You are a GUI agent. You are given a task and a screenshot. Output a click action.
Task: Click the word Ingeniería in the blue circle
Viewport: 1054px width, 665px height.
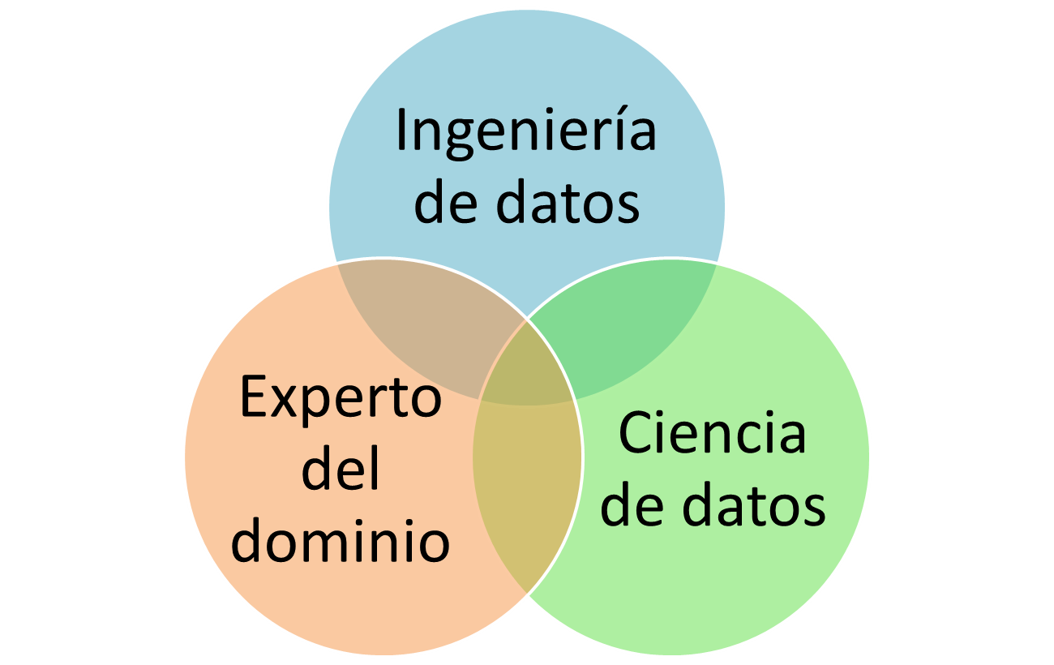[525, 131]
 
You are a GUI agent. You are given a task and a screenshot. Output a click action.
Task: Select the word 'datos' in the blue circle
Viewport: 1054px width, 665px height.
[568, 203]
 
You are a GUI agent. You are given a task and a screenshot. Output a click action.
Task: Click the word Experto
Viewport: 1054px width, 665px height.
[341, 397]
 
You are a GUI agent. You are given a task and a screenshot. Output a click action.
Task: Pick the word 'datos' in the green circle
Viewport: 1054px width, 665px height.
[754, 504]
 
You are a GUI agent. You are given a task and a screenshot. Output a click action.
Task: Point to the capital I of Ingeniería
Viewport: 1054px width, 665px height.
[401, 131]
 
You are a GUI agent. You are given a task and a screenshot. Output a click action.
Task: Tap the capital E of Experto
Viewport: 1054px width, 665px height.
[253, 397]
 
